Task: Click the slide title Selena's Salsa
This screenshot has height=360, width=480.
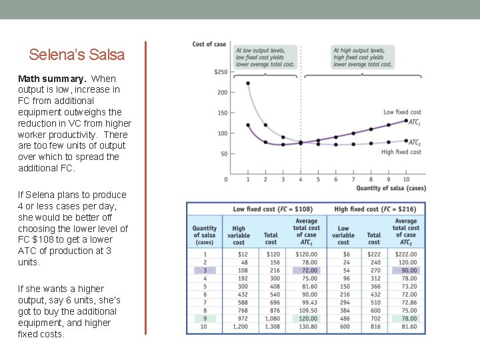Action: [x=77, y=55]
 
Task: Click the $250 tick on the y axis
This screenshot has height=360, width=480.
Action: [x=220, y=72]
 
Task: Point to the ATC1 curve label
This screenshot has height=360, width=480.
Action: [x=414, y=122]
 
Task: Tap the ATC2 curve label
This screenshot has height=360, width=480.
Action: [x=414, y=142]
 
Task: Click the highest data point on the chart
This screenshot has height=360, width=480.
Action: [x=248, y=83]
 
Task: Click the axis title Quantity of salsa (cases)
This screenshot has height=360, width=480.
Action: [x=391, y=189]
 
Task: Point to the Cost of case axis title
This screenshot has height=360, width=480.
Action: [x=209, y=44]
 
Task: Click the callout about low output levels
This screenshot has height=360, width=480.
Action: [x=265, y=57]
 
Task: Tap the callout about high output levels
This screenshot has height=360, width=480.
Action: [x=363, y=57]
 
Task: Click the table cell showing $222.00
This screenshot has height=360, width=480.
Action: [x=405, y=253]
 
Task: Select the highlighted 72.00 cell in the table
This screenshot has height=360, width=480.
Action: [x=306, y=270]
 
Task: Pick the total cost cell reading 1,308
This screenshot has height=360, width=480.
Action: [x=271, y=327]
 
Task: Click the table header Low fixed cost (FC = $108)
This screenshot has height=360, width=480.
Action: [x=273, y=209]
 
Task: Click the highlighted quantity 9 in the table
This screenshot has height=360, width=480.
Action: [x=205, y=319]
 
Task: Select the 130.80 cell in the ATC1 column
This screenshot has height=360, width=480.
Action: [x=306, y=327]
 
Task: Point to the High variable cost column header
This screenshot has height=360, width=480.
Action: [x=238, y=235]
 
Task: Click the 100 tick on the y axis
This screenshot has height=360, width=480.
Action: [x=222, y=133]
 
